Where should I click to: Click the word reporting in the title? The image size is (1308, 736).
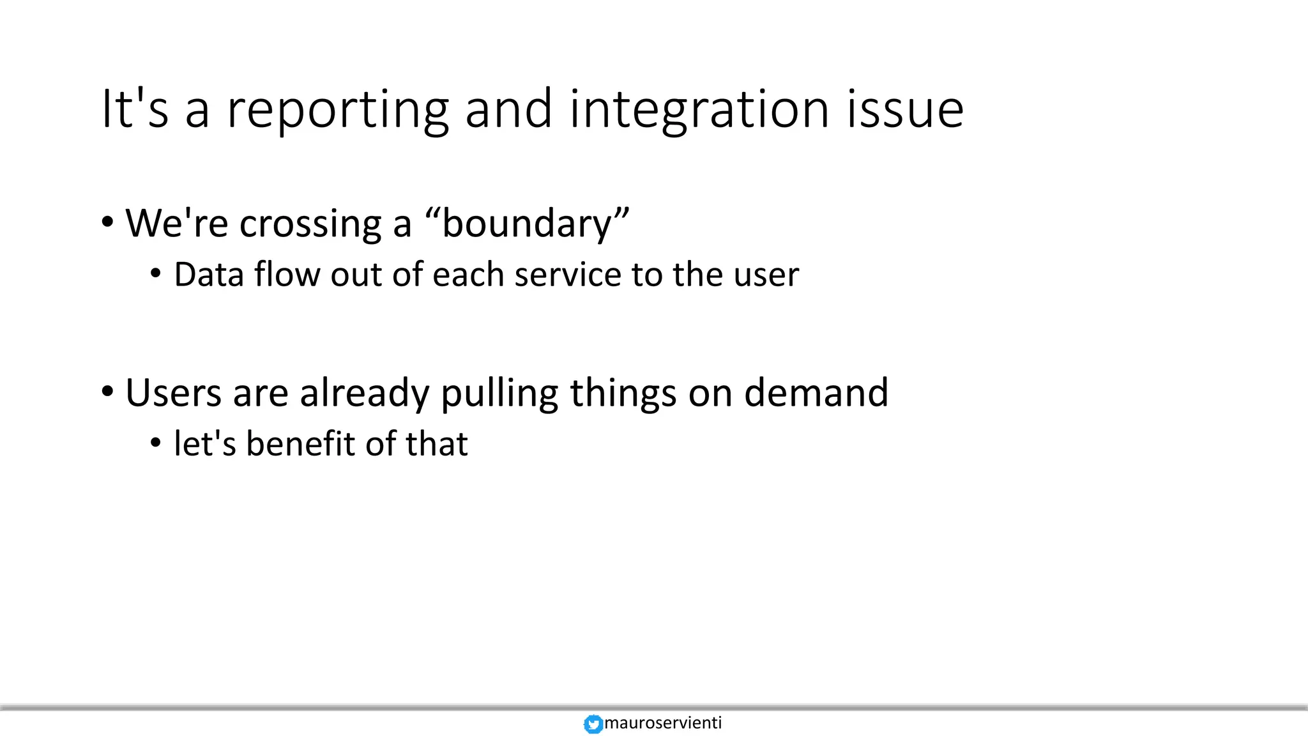pyautogui.click(x=338, y=110)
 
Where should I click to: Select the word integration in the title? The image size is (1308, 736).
pyautogui.click(x=699, y=110)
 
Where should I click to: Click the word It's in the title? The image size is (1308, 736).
pyautogui.click(x=135, y=110)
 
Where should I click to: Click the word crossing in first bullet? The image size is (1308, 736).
pyautogui.click(x=310, y=224)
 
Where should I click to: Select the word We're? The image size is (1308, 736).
pyautogui.click(x=176, y=224)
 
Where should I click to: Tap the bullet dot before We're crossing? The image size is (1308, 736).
pyautogui.click(x=107, y=223)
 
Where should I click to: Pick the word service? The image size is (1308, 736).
pyautogui.click(x=567, y=275)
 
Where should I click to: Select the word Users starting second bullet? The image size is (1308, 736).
pyautogui.click(x=174, y=392)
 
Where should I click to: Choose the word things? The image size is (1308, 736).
pyautogui.click(x=623, y=392)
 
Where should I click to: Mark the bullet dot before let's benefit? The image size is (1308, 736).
pyautogui.click(x=156, y=443)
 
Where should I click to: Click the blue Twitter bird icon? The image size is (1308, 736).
pyautogui.click(x=593, y=724)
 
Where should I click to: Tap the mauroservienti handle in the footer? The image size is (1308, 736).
pyautogui.click(x=663, y=723)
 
